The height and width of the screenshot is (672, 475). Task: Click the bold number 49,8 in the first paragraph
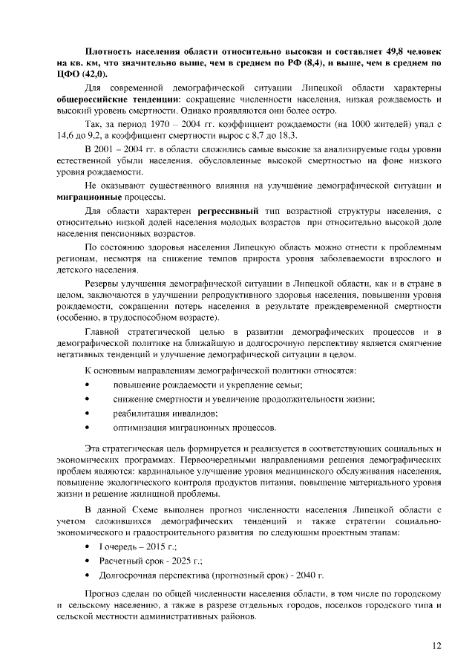click(396, 50)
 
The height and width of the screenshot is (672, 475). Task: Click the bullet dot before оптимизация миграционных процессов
click(88, 428)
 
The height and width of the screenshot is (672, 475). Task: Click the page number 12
click(436, 645)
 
